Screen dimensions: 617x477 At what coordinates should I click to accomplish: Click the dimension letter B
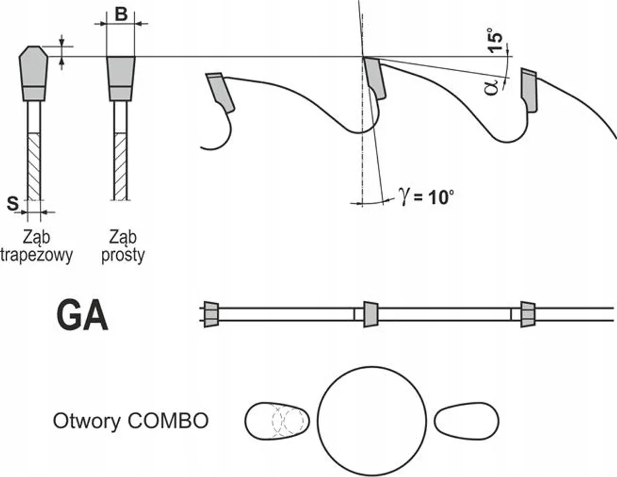coord(121,14)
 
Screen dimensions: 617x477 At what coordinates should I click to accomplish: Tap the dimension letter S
coord(13,204)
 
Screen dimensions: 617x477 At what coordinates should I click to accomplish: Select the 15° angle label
coord(495,40)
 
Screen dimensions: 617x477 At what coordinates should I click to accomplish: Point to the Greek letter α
coord(492,87)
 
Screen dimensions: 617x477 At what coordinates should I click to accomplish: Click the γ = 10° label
coord(427,195)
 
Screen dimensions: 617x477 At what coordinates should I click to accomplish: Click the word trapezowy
coord(37,255)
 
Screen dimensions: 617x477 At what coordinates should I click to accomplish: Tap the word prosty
coord(123,255)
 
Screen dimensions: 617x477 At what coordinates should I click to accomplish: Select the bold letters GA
coord(82,316)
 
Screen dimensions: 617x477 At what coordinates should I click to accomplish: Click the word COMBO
coord(168,421)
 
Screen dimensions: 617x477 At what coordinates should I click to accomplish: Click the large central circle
coord(372,421)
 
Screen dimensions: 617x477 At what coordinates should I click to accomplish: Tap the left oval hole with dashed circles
coord(277,421)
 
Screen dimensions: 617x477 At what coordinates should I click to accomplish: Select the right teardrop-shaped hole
coord(467,421)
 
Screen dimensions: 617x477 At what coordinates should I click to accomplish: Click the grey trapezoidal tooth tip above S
coord(34,73)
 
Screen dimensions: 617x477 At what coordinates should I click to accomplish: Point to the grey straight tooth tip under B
coord(121,78)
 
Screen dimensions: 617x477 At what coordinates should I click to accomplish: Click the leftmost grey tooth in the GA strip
coord(211,314)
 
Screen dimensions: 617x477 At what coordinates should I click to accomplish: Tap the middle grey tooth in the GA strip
coord(371,314)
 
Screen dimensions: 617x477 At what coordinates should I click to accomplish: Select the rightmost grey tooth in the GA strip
coord(528,314)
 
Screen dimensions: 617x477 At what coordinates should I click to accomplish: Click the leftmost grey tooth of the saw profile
coord(219,92)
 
